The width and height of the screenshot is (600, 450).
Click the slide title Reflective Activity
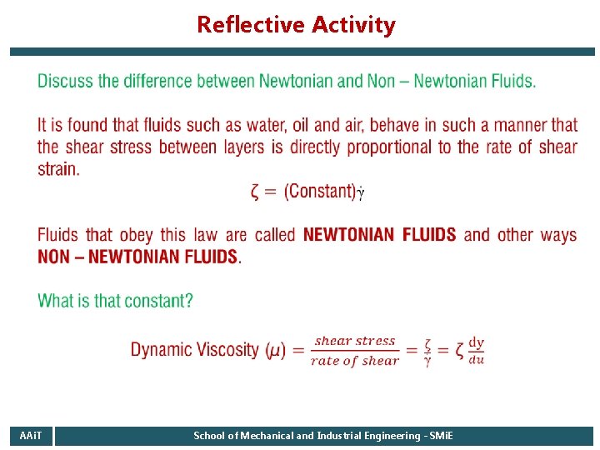point(296,25)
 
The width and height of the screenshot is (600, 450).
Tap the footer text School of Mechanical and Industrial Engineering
point(323,436)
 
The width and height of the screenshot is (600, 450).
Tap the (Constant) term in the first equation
point(320,191)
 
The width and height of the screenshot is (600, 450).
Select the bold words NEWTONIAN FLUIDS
point(380,234)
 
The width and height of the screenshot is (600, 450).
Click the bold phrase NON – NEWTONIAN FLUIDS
point(138,257)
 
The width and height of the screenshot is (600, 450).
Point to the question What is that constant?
point(115,301)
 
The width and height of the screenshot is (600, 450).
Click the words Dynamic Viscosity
point(194,350)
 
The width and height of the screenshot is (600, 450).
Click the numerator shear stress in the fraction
point(355,341)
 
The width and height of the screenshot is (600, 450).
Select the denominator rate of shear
point(355,361)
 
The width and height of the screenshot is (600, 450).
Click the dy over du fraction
point(476,351)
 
